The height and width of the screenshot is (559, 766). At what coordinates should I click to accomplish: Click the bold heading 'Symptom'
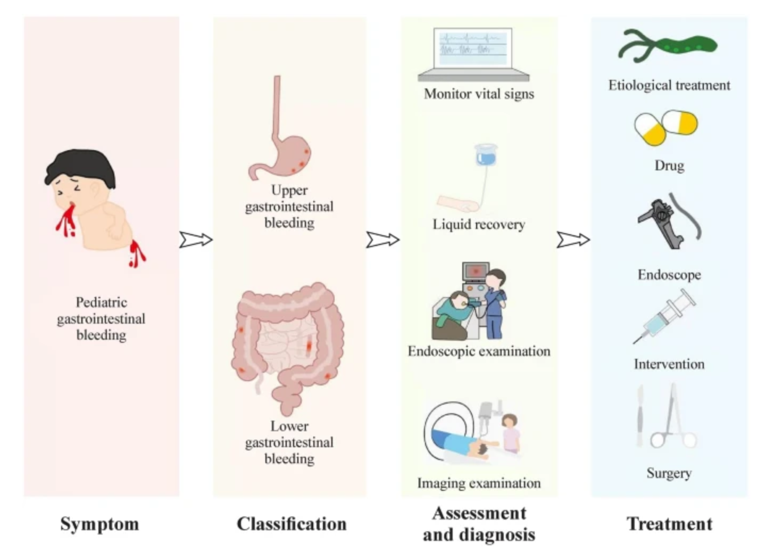[x=99, y=524]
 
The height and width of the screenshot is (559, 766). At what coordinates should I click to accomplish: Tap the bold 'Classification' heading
[x=292, y=524]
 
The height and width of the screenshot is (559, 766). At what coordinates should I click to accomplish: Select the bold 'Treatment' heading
[x=669, y=524]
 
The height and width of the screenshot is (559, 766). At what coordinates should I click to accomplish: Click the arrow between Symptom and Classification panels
[x=196, y=240]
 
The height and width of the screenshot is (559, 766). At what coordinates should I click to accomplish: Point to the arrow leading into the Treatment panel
[x=573, y=240]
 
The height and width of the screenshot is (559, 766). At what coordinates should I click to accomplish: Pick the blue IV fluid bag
[x=486, y=155]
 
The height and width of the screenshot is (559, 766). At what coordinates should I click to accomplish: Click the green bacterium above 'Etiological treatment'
[x=668, y=46]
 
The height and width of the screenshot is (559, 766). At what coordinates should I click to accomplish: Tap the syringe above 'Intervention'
[x=665, y=317]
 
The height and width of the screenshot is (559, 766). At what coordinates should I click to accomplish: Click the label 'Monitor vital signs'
[x=479, y=94]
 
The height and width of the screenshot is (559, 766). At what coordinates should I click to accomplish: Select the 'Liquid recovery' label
[x=479, y=224]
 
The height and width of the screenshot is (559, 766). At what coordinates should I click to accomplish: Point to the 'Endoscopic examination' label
[x=479, y=351]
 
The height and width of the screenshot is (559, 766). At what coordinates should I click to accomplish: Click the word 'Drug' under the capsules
[x=669, y=166]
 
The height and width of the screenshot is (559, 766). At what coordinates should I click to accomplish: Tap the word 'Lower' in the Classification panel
[x=289, y=426]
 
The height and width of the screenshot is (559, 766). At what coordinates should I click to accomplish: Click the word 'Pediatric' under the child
[x=101, y=302]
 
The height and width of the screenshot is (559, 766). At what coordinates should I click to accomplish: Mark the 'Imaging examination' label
[x=479, y=483]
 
